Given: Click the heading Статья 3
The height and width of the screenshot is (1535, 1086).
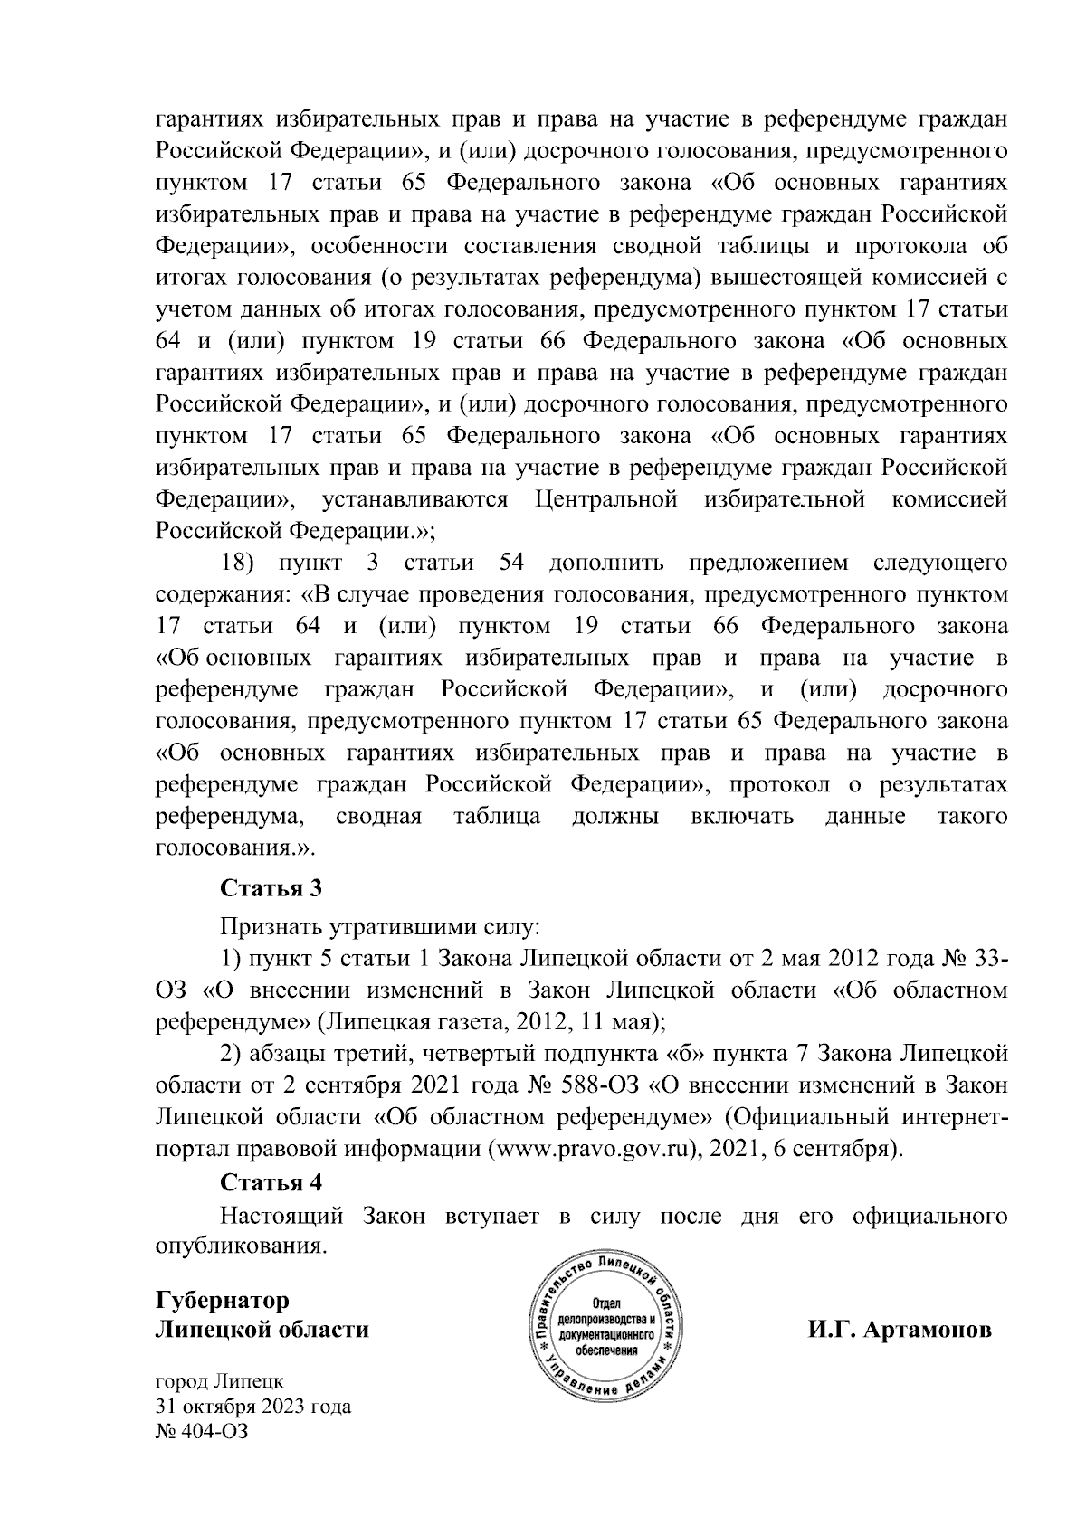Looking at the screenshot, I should pyautogui.click(x=271, y=887).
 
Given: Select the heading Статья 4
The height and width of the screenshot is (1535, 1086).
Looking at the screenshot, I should pyautogui.click(x=271, y=1182).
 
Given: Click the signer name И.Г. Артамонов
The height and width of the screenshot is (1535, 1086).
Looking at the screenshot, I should pyautogui.click(x=900, y=1331).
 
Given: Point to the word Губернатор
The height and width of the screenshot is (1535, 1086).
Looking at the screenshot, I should pyautogui.click(x=223, y=1300).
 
